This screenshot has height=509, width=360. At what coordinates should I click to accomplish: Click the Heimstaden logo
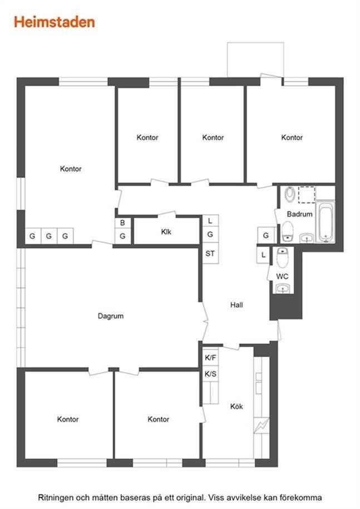click(x=55, y=22)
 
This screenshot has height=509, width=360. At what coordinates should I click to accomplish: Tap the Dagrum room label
click(x=111, y=316)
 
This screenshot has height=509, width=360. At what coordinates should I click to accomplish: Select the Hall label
click(x=236, y=305)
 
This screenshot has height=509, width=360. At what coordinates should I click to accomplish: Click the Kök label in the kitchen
click(x=236, y=407)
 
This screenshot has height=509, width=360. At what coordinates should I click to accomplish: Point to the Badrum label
click(x=299, y=214)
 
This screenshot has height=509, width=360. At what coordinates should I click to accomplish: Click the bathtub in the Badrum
click(x=326, y=223)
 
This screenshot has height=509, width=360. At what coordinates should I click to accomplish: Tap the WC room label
click(x=282, y=276)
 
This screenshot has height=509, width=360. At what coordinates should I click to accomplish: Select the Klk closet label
click(x=166, y=232)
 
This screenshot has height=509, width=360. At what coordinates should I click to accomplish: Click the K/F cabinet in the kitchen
click(x=211, y=358)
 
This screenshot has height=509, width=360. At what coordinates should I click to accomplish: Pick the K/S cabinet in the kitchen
click(x=211, y=374)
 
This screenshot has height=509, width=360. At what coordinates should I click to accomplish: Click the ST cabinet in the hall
click(x=210, y=254)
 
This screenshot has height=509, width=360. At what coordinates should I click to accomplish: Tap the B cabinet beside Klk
click(x=123, y=223)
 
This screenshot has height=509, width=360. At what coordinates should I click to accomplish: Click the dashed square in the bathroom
click(x=307, y=195)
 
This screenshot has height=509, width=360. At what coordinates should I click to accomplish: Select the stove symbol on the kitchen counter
click(x=262, y=425)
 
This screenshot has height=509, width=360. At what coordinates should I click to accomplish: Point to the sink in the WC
click(x=283, y=288)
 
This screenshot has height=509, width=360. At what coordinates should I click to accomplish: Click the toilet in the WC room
click(x=282, y=257)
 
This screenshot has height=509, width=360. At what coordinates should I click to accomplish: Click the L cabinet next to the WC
click(x=263, y=255)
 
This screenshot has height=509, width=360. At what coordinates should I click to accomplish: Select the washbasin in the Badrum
click(x=307, y=238)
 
